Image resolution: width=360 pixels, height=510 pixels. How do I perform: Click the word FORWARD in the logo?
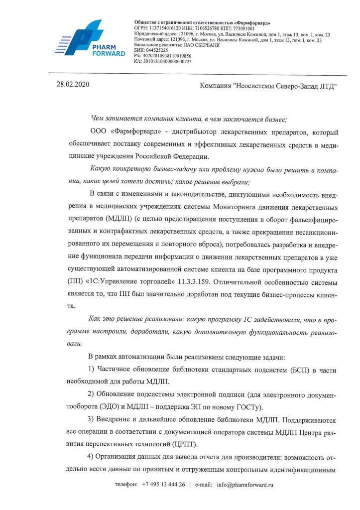pyautogui.click(x=109, y=53)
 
